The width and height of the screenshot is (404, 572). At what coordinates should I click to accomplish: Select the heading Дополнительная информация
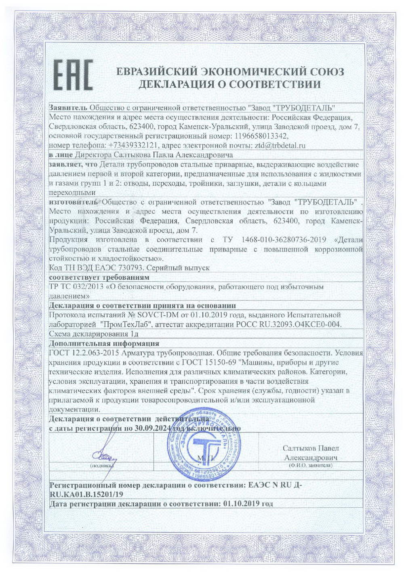(x=104, y=344)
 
